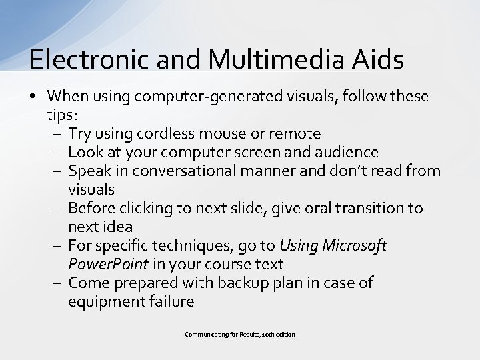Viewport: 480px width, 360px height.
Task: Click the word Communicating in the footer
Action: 203,333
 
